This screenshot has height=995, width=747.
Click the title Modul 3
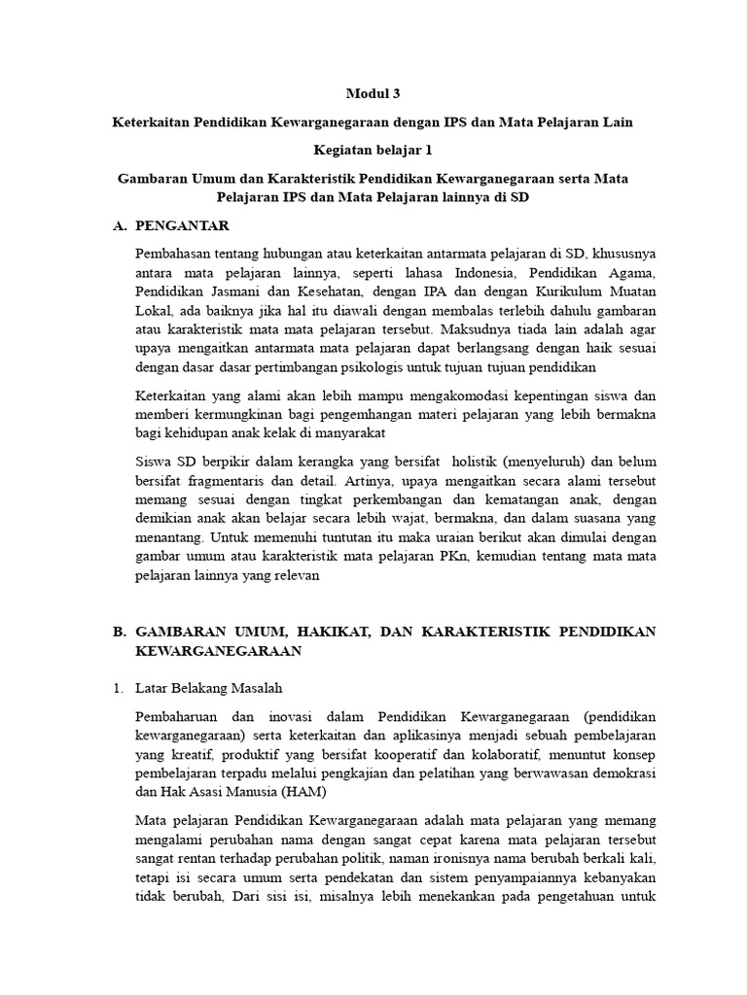point(373,94)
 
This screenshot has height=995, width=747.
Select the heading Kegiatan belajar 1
point(373,150)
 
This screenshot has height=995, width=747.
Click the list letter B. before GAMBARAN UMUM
point(120,632)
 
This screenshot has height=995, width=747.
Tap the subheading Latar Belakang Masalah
point(209,689)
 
